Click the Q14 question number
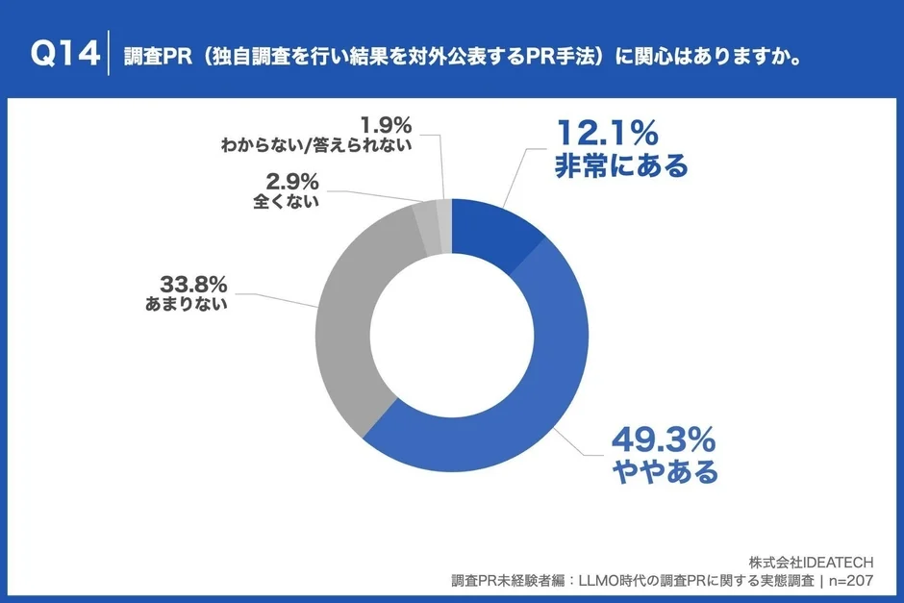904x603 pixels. [x=64, y=55]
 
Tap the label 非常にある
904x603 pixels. [x=621, y=166]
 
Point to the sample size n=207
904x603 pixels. [x=858, y=581]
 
